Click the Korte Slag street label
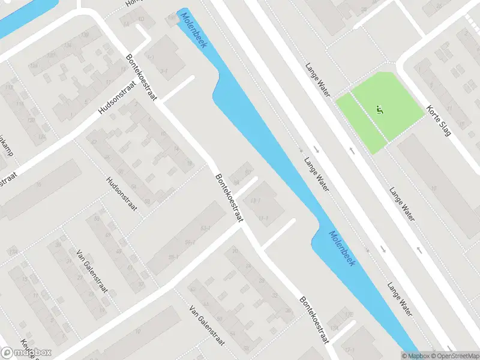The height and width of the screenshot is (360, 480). (x=439, y=120)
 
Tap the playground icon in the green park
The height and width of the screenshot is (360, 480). (x=379, y=110)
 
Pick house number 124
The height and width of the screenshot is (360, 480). (x=42, y=137)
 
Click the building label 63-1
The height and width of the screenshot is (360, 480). (x=206, y=229)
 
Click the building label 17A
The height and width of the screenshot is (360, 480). (x=334, y=328)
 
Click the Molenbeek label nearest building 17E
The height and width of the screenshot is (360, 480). (x=341, y=248)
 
